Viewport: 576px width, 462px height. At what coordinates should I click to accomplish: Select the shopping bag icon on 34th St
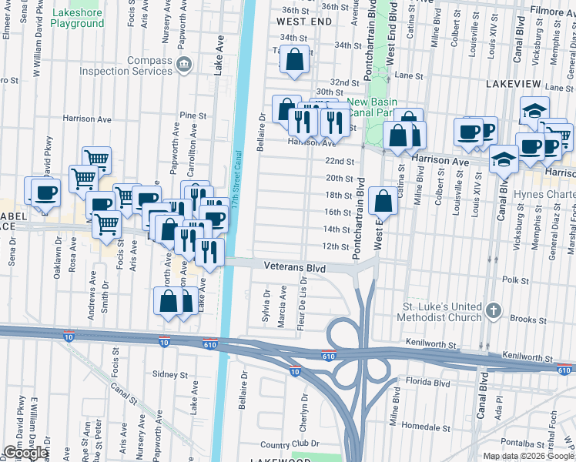tap(295, 59)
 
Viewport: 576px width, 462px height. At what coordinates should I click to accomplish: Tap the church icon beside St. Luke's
tap(494, 312)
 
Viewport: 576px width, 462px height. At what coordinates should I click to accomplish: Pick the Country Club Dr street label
tap(289, 444)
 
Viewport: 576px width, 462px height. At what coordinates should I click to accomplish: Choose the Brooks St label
tap(528, 319)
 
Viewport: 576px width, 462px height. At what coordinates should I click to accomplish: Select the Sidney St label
tap(170, 374)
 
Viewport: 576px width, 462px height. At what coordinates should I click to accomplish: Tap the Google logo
tap(25, 453)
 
